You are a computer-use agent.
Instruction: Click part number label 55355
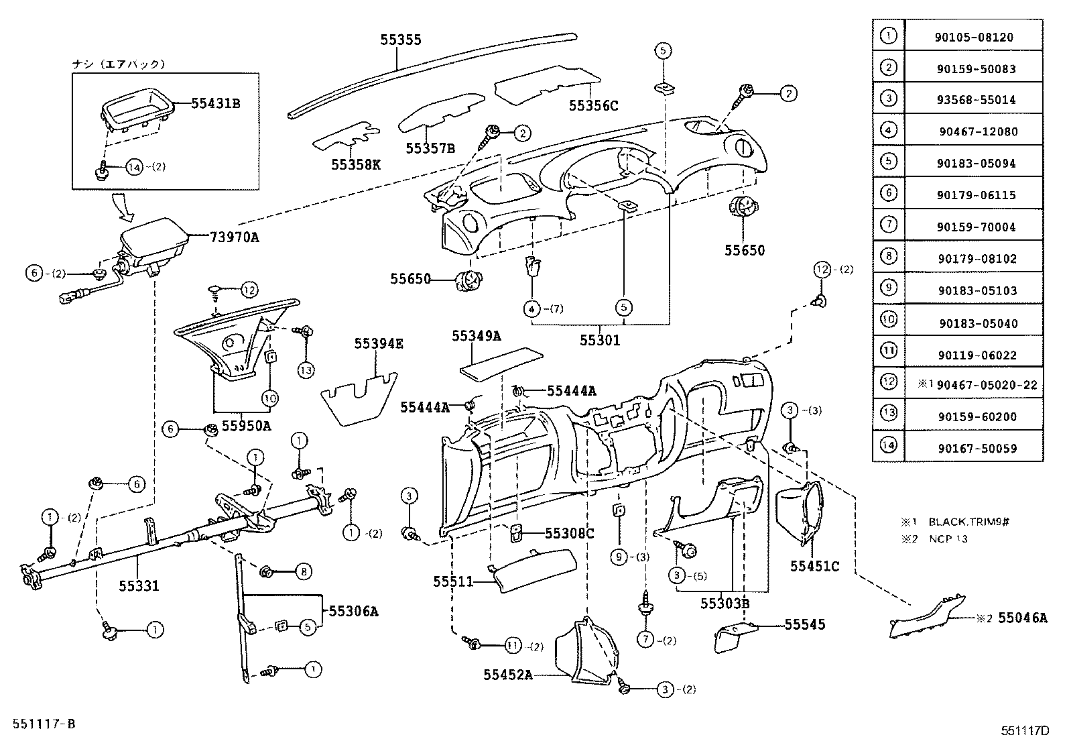(401, 40)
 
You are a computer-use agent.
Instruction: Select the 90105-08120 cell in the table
(973, 38)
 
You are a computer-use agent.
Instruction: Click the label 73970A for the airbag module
(234, 237)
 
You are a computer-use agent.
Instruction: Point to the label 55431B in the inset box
(215, 103)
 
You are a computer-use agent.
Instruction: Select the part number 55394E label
(379, 344)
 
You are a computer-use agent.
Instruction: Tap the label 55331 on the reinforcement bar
(139, 586)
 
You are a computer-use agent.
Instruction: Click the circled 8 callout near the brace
(303, 572)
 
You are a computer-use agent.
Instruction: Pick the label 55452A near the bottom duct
(508, 675)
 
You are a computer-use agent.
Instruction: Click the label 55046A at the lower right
(1022, 618)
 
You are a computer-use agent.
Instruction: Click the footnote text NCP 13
(948, 538)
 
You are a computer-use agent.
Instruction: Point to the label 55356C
(593, 105)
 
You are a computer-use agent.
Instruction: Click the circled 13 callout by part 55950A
(306, 370)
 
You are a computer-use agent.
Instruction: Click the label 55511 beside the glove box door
(453, 581)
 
